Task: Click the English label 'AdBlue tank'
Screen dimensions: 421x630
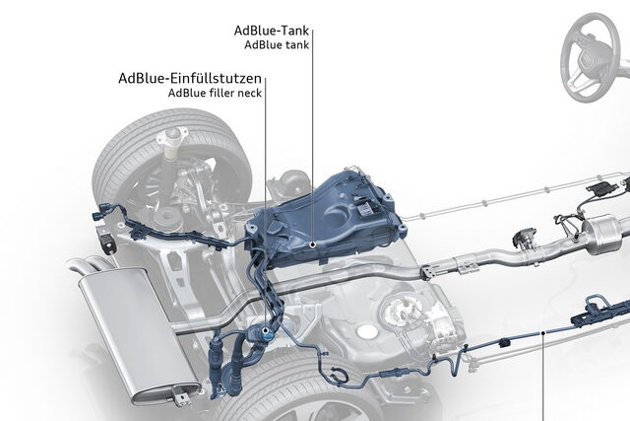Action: [280, 44]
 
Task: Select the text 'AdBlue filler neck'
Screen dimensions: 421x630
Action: [216, 93]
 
